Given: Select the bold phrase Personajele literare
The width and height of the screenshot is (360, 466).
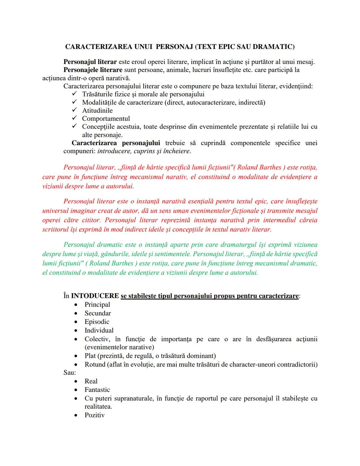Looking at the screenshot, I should [x=93, y=70].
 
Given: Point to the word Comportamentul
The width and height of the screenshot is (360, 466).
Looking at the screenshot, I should [x=106, y=119].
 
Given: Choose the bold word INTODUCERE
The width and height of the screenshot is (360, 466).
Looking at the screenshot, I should [x=95, y=296].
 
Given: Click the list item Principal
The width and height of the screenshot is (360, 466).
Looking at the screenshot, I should [x=97, y=305].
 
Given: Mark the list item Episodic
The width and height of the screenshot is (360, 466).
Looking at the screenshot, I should [x=97, y=322].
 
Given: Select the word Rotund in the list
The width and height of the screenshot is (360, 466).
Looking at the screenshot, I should [x=95, y=365].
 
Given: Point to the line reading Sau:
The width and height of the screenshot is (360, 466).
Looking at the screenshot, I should [x=69, y=373].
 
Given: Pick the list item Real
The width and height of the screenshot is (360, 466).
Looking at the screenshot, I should [x=91, y=381].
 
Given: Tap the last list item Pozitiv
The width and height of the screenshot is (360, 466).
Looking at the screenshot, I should [x=94, y=415].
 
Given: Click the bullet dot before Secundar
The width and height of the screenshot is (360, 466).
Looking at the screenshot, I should [x=76, y=314].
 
